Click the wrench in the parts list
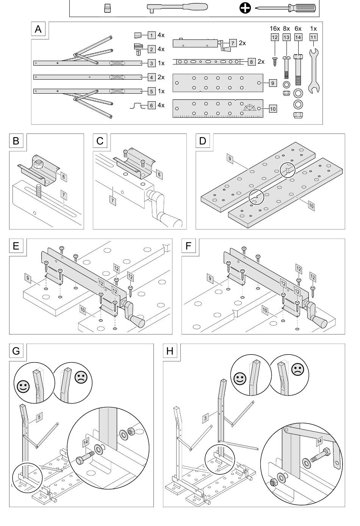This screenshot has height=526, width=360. point(314,71)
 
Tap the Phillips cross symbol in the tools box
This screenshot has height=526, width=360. point(245,8)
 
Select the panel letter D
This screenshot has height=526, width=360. point(202,141)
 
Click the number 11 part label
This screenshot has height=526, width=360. point(313,37)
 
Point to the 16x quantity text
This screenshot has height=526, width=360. point(275,29)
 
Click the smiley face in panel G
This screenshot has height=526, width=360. point(23,386)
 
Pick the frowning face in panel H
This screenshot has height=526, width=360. point(297,369)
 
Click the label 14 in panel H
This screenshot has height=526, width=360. point(319,441)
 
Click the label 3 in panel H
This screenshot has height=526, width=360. point(205,418)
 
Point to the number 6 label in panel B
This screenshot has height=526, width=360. point(64,177)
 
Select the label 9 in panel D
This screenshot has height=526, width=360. point(230,159)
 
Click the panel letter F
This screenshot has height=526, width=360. point(188,246)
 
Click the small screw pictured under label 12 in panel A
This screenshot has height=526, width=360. point(274,61)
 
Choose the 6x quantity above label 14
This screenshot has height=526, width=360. point(298,29)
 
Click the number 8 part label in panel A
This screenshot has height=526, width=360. point(251,62)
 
